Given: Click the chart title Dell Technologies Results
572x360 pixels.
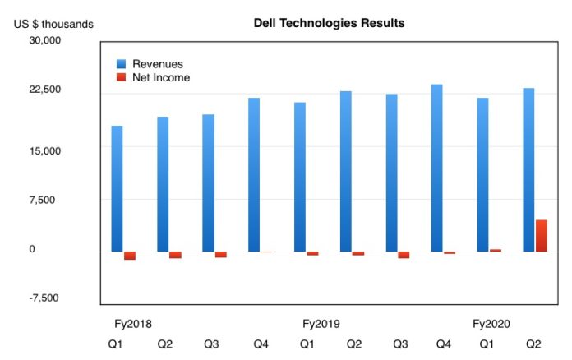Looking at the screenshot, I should pyautogui.click(x=329, y=23).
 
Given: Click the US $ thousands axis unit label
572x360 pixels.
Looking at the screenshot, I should pyautogui.click(x=53, y=24).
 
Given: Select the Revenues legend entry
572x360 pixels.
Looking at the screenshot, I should pyautogui.click(x=159, y=64).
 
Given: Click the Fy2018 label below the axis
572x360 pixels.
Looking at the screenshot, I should pyautogui.click(x=127, y=324).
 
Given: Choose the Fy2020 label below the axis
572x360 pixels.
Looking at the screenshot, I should pyautogui.click(x=491, y=324).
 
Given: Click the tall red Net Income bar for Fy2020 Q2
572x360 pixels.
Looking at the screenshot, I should pyautogui.click(x=542, y=235).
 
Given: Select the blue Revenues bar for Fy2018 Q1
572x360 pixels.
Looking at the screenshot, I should pyautogui.click(x=117, y=189).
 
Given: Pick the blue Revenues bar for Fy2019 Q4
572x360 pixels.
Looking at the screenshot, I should pyautogui.click(x=437, y=168).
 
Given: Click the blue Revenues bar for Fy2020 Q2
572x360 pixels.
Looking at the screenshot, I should pyautogui.click(x=528, y=170).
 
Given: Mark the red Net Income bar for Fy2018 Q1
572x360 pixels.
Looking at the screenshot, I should pyautogui.click(x=130, y=256).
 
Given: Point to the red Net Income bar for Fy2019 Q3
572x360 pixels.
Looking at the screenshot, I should pyautogui.click(x=404, y=255).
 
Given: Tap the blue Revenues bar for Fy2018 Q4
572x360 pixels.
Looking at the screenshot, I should pyautogui.click(x=254, y=175).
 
